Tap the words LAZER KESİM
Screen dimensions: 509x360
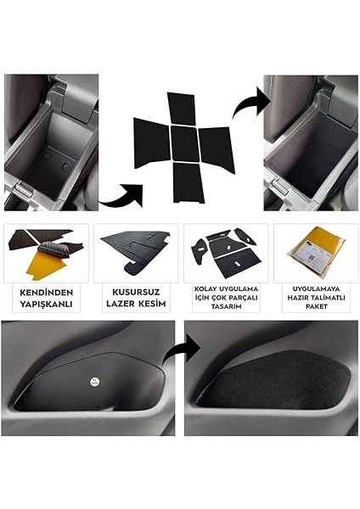click(137, 302)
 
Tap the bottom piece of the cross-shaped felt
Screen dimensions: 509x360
click(188, 182)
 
